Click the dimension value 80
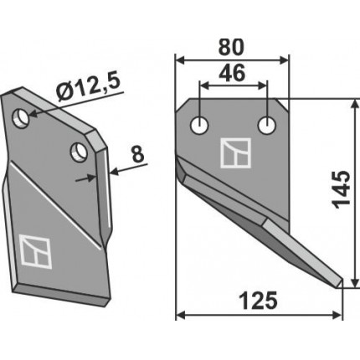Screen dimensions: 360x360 pos(231,47)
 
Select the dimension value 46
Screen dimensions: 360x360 pos(232,73)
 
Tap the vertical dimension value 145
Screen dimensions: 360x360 pos(342,190)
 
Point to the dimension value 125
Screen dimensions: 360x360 pos(259,301)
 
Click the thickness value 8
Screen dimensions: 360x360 pos(138,154)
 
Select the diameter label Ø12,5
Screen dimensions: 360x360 pos(88,88)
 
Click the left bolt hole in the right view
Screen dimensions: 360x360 pos(199,126)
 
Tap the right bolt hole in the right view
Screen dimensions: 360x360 pos(267,126)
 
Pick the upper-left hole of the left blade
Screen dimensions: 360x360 pos(20,118)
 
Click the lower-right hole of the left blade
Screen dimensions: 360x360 pos(79,152)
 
